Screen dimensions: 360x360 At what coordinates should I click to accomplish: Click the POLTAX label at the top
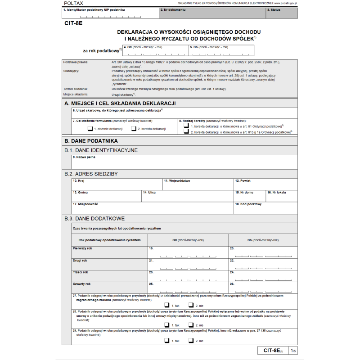[73, 3]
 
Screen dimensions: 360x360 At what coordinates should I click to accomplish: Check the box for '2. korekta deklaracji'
[134, 129]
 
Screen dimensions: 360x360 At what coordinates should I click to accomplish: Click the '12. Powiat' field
[265, 184]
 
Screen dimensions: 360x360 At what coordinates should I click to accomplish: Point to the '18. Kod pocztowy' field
[265, 207]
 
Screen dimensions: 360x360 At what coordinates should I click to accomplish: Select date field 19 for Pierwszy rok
[188, 252]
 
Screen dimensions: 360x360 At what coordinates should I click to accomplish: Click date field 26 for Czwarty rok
[263, 288]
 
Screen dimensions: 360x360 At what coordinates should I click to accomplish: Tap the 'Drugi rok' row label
[81, 261]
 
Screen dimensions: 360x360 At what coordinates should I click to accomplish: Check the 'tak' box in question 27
[167, 305]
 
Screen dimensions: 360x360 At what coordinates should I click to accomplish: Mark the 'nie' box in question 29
[191, 341]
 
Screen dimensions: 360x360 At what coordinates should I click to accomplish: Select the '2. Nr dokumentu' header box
[212, 13]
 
